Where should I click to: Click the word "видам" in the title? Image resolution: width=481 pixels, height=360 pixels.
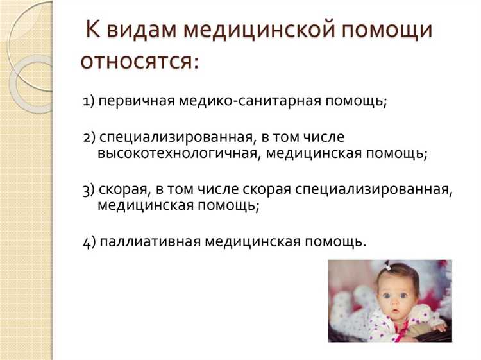(x=141, y=30)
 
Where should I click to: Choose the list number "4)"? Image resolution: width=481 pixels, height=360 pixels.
(x=89, y=243)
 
